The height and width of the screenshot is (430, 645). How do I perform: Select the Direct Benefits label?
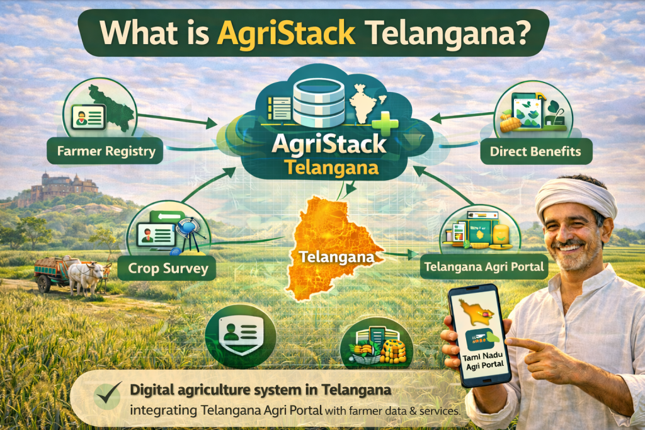point(535,151)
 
